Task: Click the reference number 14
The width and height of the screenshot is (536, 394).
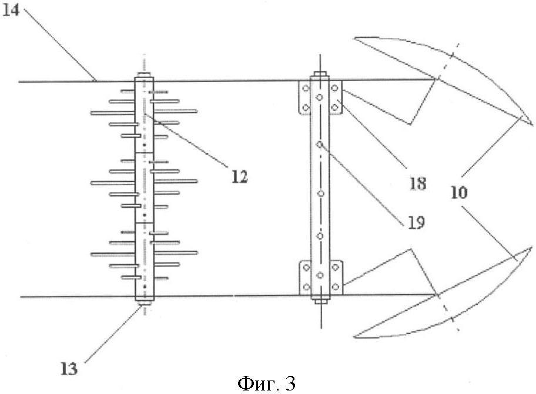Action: tap(11, 10)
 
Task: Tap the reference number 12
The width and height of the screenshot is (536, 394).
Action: tap(239, 177)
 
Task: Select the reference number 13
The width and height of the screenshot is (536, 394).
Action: tap(69, 369)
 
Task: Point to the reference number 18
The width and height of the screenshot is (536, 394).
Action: tap(418, 184)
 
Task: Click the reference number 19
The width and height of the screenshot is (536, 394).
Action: tap(416, 223)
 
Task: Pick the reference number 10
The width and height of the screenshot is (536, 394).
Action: tap(459, 193)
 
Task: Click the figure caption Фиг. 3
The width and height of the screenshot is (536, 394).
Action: tap(266, 384)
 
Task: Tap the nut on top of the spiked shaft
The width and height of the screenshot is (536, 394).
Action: tap(144, 75)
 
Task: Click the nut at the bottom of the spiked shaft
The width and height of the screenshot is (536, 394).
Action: tap(145, 302)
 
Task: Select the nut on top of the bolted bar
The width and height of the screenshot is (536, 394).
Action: tap(320, 73)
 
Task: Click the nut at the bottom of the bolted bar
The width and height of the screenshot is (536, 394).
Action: tap(321, 301)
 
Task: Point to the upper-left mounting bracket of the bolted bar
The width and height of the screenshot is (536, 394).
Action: tap(304, 97)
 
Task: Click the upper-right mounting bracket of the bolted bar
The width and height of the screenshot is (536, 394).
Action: tap(336, 97)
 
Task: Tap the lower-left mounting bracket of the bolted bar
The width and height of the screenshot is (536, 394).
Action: tap(305, 277)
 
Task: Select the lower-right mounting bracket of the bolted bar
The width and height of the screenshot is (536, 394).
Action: tap(336, 277)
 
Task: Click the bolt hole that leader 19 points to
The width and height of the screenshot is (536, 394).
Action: tap(320, 144)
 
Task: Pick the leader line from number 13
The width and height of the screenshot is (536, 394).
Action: tap(113, 334)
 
